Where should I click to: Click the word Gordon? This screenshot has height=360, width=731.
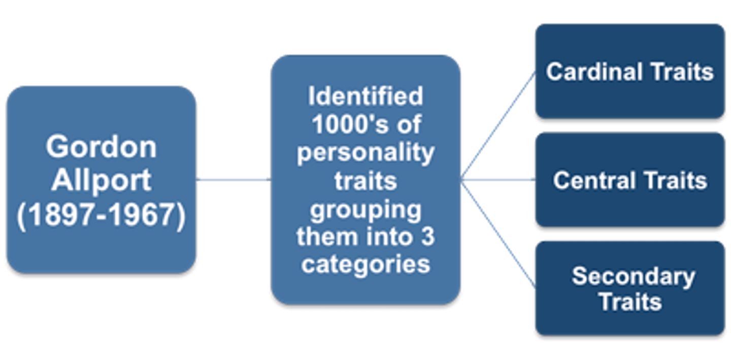(x=101, y=147)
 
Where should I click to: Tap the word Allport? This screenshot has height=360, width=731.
(x=101, y=180)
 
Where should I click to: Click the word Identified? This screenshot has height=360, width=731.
(x=365, y=96)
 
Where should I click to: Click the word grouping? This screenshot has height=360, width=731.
(x=365, y=209)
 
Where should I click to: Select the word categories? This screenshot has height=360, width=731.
(x=365, y=265)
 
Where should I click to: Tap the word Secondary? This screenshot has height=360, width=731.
(x=633, y=276)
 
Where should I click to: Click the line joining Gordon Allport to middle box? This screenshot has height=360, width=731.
(x=234, y=179)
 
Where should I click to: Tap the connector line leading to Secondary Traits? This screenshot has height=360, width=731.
(x=498, y=232)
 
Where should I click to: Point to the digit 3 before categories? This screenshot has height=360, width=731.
(x=427, y=237)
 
